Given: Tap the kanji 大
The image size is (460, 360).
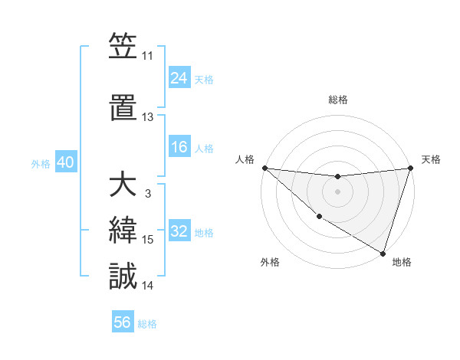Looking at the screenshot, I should pos(123,186).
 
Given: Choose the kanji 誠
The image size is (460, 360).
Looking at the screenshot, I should pos(123,276).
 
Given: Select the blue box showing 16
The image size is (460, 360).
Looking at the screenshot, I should pos(179,147).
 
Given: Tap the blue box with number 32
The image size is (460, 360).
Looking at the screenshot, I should pos(179,231).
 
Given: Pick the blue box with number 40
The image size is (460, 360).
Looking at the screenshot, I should pos(65,162).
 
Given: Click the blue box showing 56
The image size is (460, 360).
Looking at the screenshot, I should pos(123,322).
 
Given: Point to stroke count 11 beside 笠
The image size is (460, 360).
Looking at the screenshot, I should pos(147,56).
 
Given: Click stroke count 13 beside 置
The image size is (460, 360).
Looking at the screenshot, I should pos(147,117).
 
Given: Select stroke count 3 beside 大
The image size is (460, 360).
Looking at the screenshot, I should pos(147,194).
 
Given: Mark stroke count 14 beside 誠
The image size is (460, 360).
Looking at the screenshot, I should pos(147,286).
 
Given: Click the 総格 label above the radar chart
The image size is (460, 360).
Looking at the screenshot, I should pos(337,100).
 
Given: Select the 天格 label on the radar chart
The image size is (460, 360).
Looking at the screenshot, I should pos(431,159).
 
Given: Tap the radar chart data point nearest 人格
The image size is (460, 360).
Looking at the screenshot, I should pos(264,168).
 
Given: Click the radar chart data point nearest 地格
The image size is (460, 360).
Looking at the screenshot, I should pos(383,253).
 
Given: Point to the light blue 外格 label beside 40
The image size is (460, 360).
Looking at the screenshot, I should pos(41,163).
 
